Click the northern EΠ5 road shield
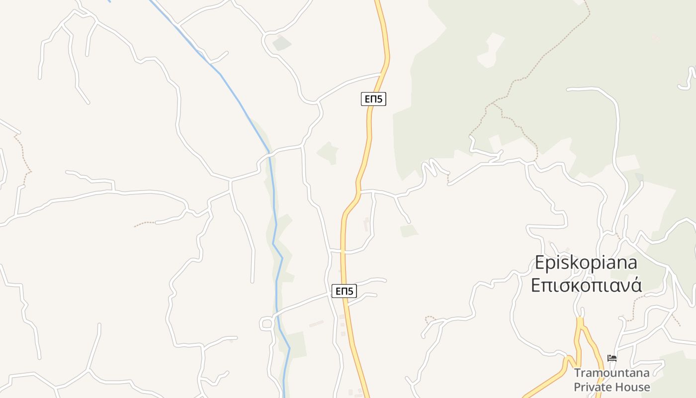[x=373, y=99]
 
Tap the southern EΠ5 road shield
[x=344, y=291]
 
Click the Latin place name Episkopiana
[x=586, y=263]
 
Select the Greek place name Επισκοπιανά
[x=586, y=286]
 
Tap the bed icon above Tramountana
[x=612, y=358]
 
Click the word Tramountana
[x=611, y=373]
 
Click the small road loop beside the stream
[x=266, y=324]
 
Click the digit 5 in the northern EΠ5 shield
[x=380, y=99]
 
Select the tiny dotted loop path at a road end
[x=430, y=318]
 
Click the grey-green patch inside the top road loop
[x=281, y=43]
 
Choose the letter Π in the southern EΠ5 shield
[x=344, y=291]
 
